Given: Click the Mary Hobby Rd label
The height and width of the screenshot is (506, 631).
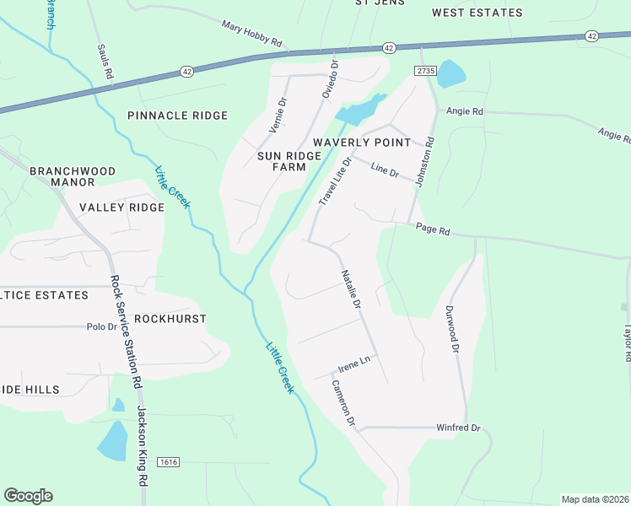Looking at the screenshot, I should tap(251, 35).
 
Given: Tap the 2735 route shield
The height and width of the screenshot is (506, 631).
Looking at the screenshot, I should tap(425, 72).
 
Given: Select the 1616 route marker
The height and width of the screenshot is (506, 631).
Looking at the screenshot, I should tap(169, 462).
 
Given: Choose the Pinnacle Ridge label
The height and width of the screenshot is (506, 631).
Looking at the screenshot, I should tap(177, 116).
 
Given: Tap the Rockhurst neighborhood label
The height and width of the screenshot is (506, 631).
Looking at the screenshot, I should tap(170, 319).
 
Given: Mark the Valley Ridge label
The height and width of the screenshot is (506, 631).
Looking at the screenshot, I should tap(121, 207).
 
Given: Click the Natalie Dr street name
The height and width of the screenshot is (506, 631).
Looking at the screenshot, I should tap(351, 289).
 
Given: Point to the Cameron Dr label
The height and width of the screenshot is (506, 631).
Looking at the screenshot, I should tap(343, 402).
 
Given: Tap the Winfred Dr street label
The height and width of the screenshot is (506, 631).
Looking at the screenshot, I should tap(457, 428).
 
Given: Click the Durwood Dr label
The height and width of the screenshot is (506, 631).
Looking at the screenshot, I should tap(452, 329).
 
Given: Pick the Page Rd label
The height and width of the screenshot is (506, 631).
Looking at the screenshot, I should tap(434, 229).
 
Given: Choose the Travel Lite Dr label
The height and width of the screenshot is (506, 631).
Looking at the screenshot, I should tap(334, 181).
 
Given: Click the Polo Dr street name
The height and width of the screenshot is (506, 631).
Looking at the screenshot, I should tap(100, 326).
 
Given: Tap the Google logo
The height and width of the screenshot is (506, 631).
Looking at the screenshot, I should tap(28, 496).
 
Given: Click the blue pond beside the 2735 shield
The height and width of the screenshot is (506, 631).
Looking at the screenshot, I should tap(450, 73).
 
